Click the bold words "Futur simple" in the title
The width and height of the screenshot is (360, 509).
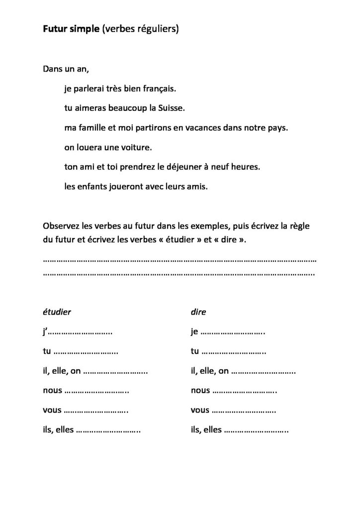pos(70,30)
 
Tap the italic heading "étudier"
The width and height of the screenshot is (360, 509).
pos(57,312)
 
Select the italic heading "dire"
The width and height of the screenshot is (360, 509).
pos(198,312)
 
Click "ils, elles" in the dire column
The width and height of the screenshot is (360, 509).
pos(206,430)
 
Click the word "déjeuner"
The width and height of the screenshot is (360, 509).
pos(190,168)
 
